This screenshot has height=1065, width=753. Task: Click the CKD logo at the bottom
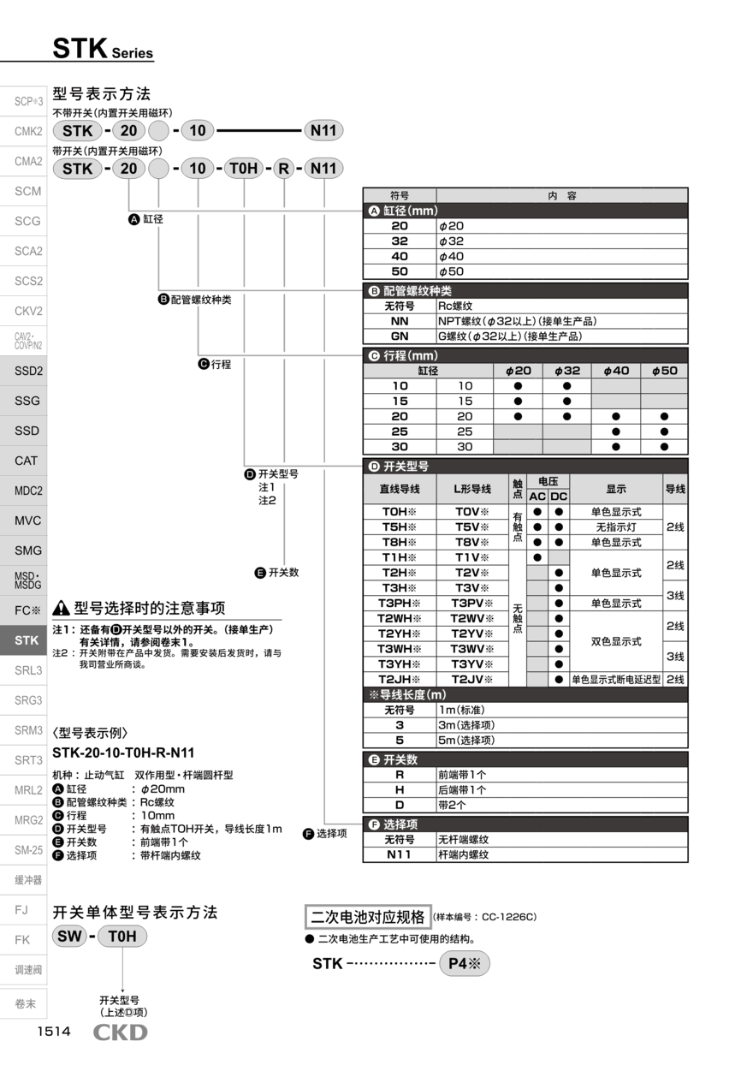(x=120, y=1032)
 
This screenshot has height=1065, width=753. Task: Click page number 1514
(x=53, y=1032)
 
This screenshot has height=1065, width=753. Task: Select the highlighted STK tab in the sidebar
(x=27, y=640)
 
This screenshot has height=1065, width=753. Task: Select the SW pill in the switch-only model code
(x=68, y=936)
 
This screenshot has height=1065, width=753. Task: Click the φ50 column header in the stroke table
(x=663, y=371)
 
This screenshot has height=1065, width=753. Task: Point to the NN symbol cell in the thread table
(x=400, y=321)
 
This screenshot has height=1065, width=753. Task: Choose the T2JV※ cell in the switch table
(x=472, y=679)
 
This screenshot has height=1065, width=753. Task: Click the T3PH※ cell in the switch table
(x=400, y=603)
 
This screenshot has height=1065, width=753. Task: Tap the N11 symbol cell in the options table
(x=400, y=854)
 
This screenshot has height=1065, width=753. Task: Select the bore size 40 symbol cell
(x=400, y=256)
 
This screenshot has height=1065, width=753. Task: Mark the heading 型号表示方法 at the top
(x=101, y=94)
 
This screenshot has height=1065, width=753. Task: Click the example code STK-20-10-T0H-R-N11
(x=123, y=753)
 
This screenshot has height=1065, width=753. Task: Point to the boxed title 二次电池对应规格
(x=367, y=917)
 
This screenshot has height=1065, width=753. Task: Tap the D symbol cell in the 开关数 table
(x=400, y=805)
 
